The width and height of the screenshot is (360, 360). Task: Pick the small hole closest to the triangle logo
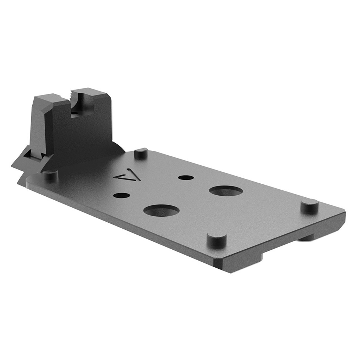[120, 195]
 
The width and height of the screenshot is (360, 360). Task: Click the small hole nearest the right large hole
[184, 177]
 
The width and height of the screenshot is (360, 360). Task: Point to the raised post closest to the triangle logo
[140, 153]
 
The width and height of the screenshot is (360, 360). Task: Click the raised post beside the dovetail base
[50, 175]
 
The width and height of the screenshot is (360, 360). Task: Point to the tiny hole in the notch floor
[74, 114]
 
